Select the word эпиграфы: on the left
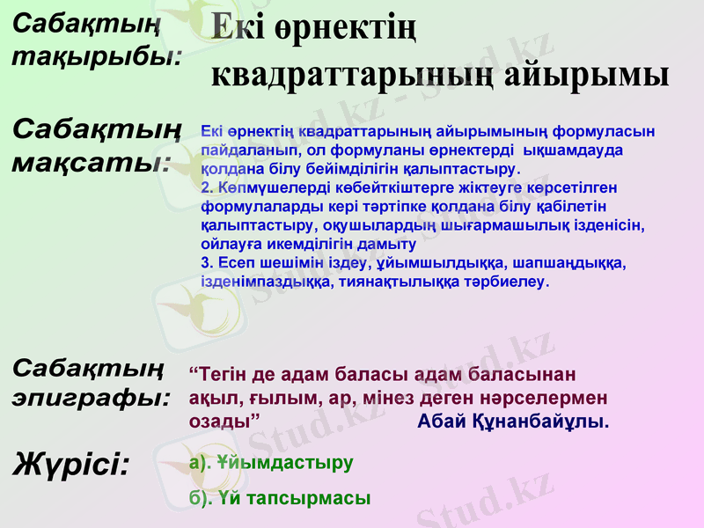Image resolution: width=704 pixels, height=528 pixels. pyautogui.click(x=92, y=397)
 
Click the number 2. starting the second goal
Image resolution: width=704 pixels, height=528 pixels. pyautogui.click(x=208, y=187)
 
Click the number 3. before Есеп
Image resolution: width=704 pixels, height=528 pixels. pyautogui.click(x=208, y=263)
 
